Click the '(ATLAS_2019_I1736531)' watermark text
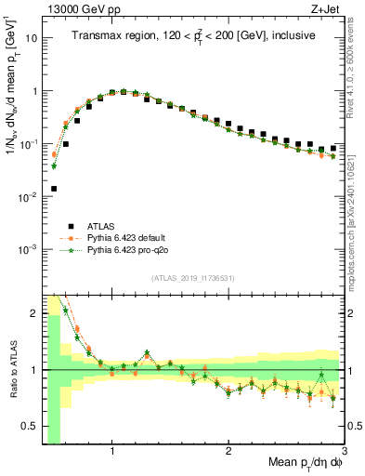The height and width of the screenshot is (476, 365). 193,277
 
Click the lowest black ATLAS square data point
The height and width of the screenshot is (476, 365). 54,189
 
